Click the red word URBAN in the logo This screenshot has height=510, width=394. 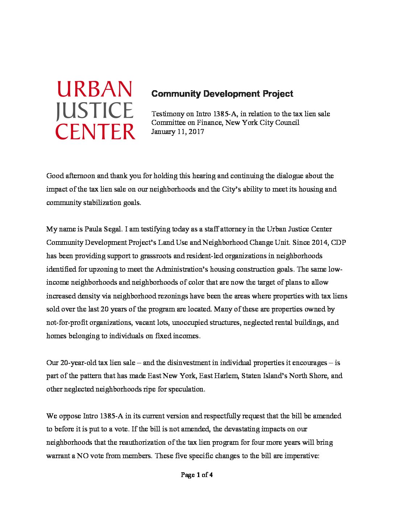coord(95,89)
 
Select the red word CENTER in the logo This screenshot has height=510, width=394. coord(95,131)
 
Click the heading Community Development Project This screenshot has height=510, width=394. coord(222,94)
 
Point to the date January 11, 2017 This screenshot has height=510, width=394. coord(177,131)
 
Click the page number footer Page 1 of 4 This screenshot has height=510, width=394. coord(197,475)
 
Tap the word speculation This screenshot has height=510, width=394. coord(186,389)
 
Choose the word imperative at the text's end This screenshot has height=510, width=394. coord(301,456)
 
